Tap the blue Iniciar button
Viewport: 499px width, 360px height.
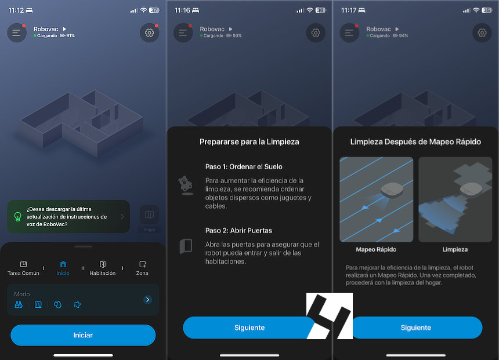click(83, 335)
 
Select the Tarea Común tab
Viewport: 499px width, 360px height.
click(23, 268)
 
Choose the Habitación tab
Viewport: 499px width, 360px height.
click(103, 268)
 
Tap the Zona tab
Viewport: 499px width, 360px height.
click(142, 268)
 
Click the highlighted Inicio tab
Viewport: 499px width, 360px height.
click(63, 268)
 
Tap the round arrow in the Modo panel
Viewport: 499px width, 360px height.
click(147, 300)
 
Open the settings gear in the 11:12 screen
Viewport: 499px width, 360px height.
click(149, 32)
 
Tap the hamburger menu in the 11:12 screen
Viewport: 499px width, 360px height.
click(17, 32)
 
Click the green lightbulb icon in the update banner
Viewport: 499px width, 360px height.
click(18, 217)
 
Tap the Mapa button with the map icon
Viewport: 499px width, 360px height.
click(149, 218)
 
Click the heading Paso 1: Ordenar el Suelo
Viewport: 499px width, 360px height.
click(244, 166)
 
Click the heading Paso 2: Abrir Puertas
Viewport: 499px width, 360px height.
click(238, 231)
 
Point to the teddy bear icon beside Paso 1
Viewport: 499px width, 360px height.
click(186, 186)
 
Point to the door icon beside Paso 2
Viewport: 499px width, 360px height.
click(186, 246)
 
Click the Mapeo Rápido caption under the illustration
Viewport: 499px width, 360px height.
click(376, 250)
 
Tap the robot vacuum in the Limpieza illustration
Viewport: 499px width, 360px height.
click(471, 188)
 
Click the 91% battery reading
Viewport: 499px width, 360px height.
click(71, 35)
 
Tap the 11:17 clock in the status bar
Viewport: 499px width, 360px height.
click(349, 10)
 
